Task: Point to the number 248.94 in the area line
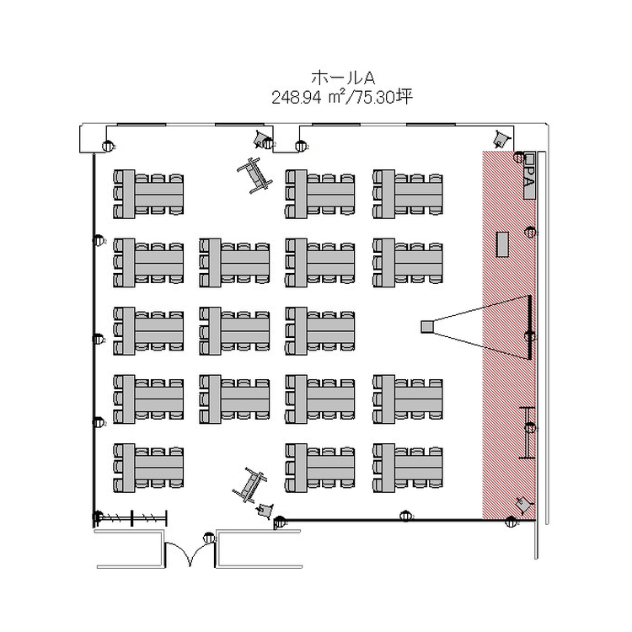point(297,98)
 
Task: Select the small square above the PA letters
point(530,158)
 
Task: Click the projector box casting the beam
point(427,326)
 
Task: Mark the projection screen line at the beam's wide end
point(530,327)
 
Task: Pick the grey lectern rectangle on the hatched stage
point(503,244)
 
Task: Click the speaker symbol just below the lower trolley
point(265,509)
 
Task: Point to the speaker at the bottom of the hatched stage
point(522,505)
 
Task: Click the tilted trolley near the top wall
point(254,174)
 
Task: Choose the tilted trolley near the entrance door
point(249,485)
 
